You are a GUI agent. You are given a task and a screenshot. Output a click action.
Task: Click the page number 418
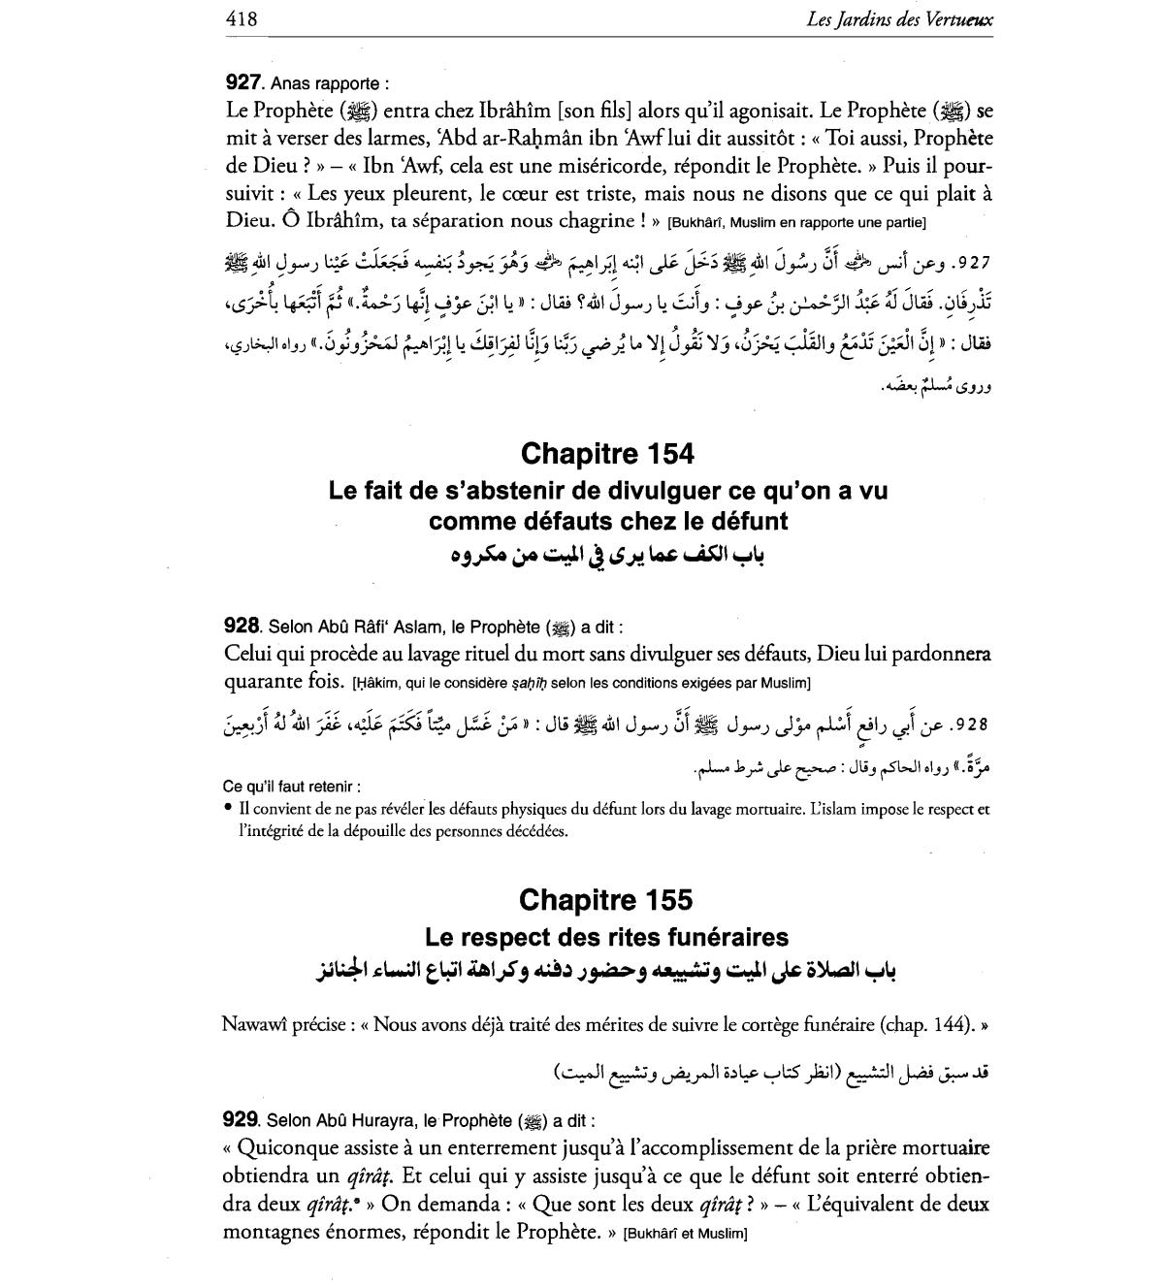coord(241,17)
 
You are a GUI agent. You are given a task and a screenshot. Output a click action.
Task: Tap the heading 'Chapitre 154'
coord(607,453)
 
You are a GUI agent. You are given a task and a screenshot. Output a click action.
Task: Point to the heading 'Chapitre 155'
coord(606,900)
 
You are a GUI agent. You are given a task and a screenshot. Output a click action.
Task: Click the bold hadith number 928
coord(242,627)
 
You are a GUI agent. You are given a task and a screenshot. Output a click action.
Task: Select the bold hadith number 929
coord(242,1120)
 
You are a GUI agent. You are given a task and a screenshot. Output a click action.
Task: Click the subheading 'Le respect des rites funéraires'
coord(606,937)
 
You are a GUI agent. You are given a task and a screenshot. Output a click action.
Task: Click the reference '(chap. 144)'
coord(930,1024)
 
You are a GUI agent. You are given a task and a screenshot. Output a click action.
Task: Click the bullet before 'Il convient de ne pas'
coord(227,808)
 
